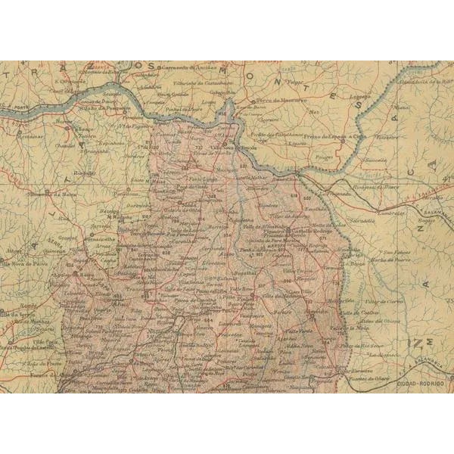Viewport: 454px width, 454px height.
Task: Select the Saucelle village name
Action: coord(375,160)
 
